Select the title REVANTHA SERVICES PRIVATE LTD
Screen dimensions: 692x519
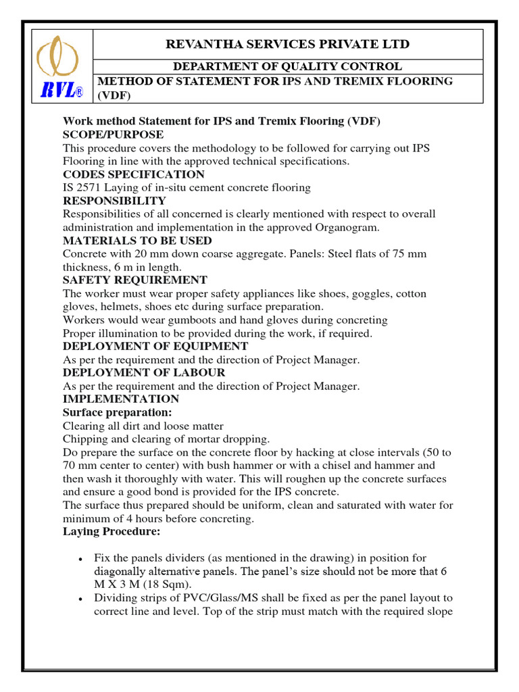coord(287,45)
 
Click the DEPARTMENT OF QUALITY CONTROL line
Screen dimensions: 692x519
coord(287,66)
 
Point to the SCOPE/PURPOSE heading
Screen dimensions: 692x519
coord(114,134)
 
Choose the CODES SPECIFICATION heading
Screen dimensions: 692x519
coord(134,174)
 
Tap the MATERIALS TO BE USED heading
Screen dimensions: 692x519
coord(137,241)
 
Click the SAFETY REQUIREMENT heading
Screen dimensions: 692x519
coord(135,280)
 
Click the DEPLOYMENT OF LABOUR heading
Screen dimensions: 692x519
coord(144,372)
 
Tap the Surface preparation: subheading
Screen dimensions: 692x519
coord(117,412)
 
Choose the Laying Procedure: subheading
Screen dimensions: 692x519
coord(112,532)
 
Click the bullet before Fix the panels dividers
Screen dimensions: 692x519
coord(80,559)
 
